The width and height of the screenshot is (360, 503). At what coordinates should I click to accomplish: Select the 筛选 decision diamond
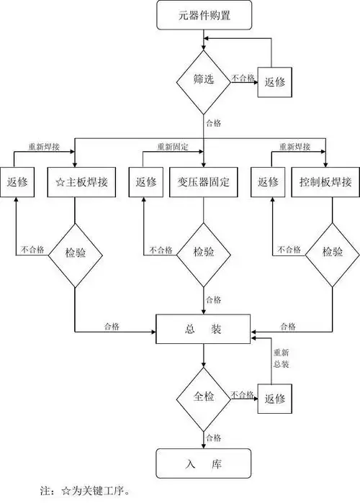pyautogui.click(x=204, y=81)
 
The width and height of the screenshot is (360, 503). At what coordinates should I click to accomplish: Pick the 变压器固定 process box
pyautogui.click(x=203, y=182)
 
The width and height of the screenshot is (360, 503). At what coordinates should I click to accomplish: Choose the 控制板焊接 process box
pyautogui.click(x=325, y=182)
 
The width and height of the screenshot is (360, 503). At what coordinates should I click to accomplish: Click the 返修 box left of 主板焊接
pyautogui.click(x=17, y=182)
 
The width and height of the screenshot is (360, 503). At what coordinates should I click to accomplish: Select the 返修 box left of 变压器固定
pyautogui.click(x=145, y=182)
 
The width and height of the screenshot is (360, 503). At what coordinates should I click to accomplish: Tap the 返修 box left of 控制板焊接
pyautogui.click(x=269, y=182)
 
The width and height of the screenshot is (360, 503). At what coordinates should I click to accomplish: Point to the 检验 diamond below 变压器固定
pyautogui.click(x=203, y=253)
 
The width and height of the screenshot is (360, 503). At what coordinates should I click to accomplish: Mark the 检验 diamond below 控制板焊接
pyautogui.click(x=331, y=253)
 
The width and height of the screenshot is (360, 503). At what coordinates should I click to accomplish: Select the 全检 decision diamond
pyautogui.click(x=204, y=396)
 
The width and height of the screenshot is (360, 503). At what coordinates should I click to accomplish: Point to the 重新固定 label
pyautogui.click(x=173, y=147)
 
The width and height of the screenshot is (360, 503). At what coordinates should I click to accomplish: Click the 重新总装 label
pyautogui.click(x=281, y=359)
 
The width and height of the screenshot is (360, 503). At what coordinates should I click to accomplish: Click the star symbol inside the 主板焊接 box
pyautogui.click(x=60, y=182)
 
